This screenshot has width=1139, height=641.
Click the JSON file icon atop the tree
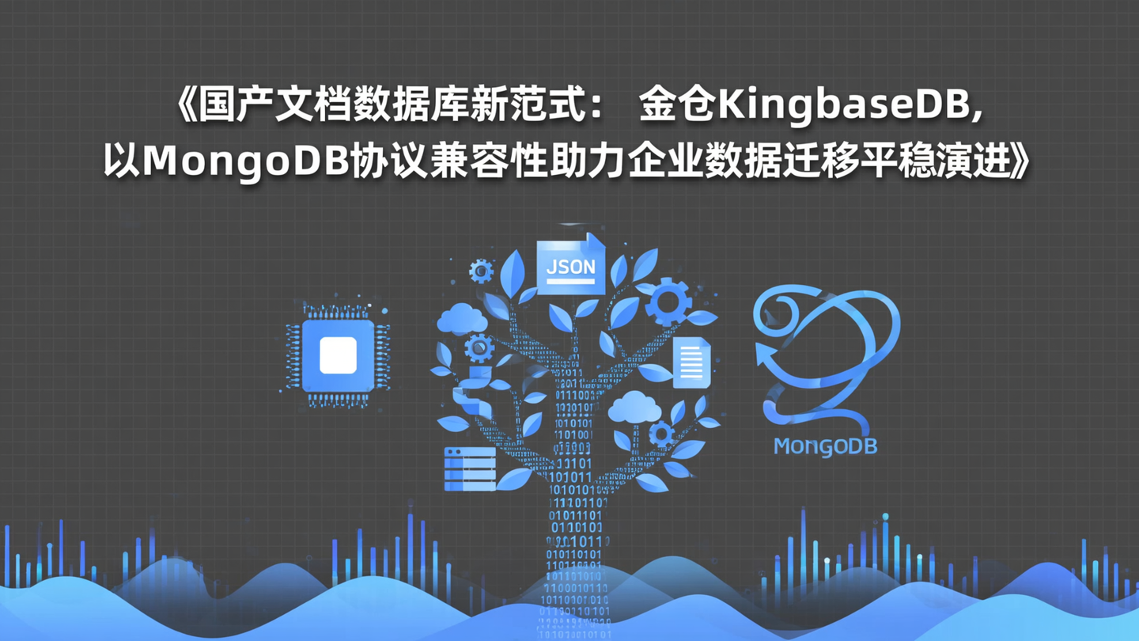pos(570,266)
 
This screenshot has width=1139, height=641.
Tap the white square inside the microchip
pos(338,355)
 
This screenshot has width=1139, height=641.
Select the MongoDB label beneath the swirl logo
pos(825,446)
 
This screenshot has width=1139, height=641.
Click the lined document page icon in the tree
pos(691,362)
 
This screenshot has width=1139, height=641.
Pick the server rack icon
pos(469,468)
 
